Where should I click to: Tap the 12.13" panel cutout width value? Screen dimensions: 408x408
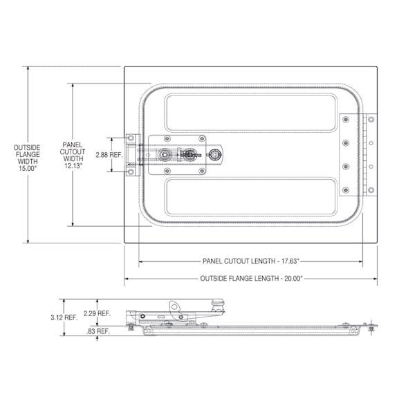[73, 167]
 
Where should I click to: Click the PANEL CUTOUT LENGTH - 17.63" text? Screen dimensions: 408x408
[250, 261]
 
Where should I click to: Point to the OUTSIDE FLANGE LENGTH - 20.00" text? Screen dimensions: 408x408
[250, 278]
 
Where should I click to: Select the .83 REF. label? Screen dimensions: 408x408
[98, 331]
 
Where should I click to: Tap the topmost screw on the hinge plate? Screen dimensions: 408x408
[345, 120]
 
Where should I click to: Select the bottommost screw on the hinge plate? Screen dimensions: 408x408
[345, 189]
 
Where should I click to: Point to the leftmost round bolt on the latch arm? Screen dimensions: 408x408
[165, 155]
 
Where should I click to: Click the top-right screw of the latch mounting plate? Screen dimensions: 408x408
[202, 139]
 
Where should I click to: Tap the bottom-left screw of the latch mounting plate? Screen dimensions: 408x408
[153, 171]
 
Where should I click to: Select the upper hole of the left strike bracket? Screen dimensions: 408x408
[129, 140]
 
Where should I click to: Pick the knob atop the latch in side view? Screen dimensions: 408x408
[219, 302]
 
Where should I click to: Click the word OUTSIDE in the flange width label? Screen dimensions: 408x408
[27, 148]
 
